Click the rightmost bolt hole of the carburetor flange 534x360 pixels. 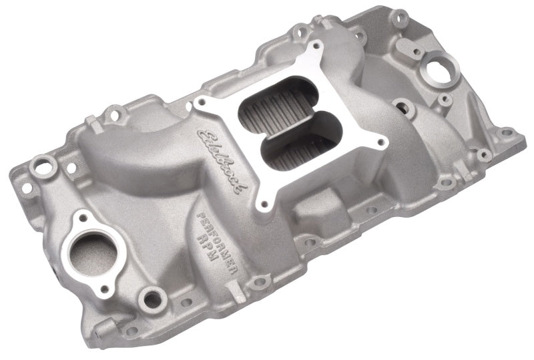click(x=380, y=142)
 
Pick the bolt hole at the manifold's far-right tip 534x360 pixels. click(x=508, y=132)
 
